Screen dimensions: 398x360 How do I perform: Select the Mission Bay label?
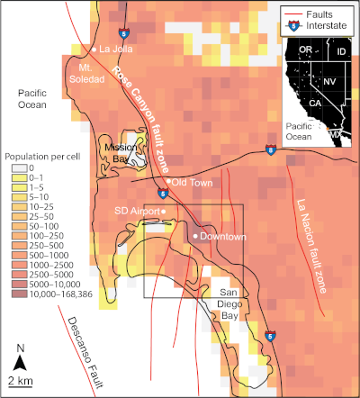[120, 151]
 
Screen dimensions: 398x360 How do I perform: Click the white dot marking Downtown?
[195, 236]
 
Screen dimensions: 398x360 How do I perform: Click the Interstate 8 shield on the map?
[270, 148]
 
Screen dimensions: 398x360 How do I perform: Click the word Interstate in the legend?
[328, 27]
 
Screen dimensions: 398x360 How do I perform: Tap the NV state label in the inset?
[329, 81]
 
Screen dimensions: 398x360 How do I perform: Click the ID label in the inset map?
[341, 53]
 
